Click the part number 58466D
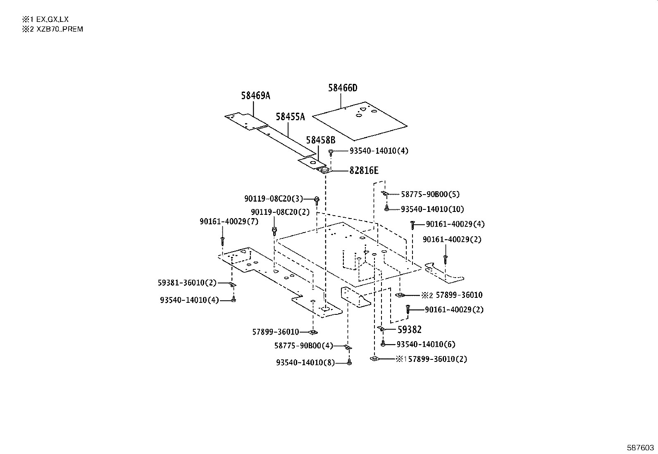click(343, 88)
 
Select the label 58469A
click(255, 96)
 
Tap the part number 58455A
click(290, 117)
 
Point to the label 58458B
click(320, 140)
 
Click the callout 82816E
click(364, 171)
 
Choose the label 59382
click(409, 330)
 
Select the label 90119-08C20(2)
click(280, 212)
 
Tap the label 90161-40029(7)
click(229, 222)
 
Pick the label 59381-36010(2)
click(187, 283)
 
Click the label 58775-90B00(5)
click(430, 194)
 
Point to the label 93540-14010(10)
click(432, 209)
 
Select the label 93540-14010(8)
click(305, 362)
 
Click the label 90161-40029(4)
click(455, 224)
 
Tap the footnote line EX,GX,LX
click(46, 19)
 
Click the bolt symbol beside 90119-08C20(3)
click(317, 200)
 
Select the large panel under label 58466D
click(360, 120)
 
